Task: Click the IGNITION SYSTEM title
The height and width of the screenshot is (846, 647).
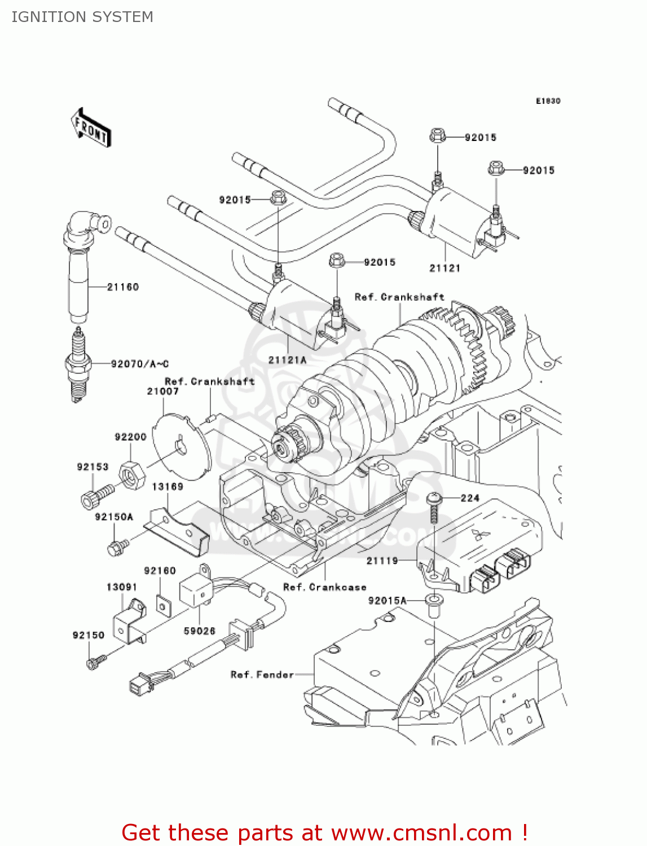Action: (x=82, y=17)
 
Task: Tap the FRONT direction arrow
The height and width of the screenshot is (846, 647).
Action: (x=91, y=128)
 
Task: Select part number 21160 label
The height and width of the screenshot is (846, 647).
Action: (x=123, y=287)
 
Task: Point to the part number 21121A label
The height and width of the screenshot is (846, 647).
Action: (x=287, y=360)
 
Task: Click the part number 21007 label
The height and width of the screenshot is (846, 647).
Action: (x=162, y=391)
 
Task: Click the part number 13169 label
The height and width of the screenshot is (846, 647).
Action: (x=168, y=487)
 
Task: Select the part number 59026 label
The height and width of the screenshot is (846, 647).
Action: (x=200, y=631)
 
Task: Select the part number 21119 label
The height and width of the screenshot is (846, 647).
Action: (x=382, y=561)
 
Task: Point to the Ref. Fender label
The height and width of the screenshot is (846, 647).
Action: (x=262, y=675)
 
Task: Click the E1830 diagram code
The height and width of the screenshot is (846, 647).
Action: (x=548, y=101)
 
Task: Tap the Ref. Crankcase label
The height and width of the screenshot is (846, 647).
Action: (x=324, y=587)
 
